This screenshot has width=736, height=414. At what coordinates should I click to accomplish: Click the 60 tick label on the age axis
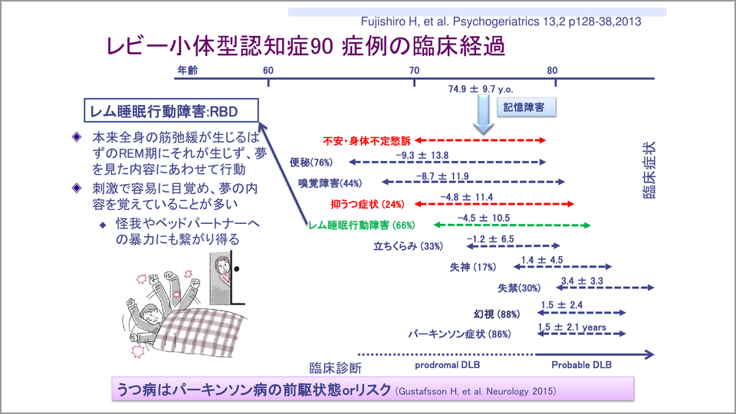coord(268,71)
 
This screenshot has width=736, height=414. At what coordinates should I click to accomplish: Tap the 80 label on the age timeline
coord(552,71)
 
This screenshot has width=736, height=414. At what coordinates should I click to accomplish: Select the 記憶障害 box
coord(526,107)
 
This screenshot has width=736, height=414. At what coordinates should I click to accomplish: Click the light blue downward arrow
coord(484,114)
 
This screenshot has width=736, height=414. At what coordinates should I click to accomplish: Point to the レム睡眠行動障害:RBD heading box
coord(171,110)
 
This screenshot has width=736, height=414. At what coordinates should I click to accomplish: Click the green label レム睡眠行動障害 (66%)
coord(361,225)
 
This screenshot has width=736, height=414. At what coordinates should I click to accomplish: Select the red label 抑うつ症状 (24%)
coord(367,204)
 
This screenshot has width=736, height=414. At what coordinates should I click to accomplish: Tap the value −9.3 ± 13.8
coord(422,156)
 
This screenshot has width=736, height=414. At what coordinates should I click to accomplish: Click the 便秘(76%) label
coord(310,163)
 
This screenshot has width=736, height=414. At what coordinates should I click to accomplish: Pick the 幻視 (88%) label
coord(497,314)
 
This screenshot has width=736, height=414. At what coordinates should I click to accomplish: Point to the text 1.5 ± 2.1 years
coord(572,327)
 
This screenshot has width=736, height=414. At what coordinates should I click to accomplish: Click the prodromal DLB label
coord(447,365)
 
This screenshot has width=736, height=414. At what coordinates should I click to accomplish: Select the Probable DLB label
coord(582,365)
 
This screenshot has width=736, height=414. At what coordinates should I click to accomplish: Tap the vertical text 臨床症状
coord(649,170)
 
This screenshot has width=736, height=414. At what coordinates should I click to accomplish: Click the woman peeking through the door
coord(222,271)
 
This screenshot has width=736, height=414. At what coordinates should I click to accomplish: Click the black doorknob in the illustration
coord(237,269)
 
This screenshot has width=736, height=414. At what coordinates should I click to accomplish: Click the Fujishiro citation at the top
coord(501,21)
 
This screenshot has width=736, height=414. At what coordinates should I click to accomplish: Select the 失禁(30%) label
coord(519,287)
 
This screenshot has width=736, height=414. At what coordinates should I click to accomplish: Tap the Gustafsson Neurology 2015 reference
coord(475,391)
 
